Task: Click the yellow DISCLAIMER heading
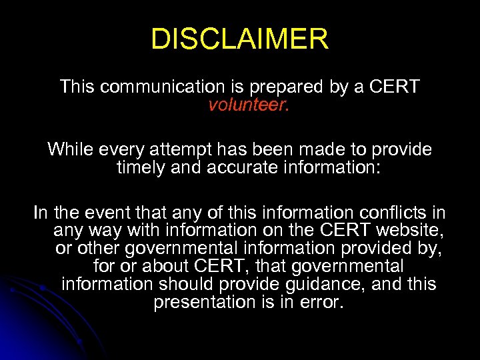tap(240, 39)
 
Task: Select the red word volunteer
tap(248, 105)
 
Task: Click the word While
tap(70, 149)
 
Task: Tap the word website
tap(409, 231)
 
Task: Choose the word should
tap(189, 284)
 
